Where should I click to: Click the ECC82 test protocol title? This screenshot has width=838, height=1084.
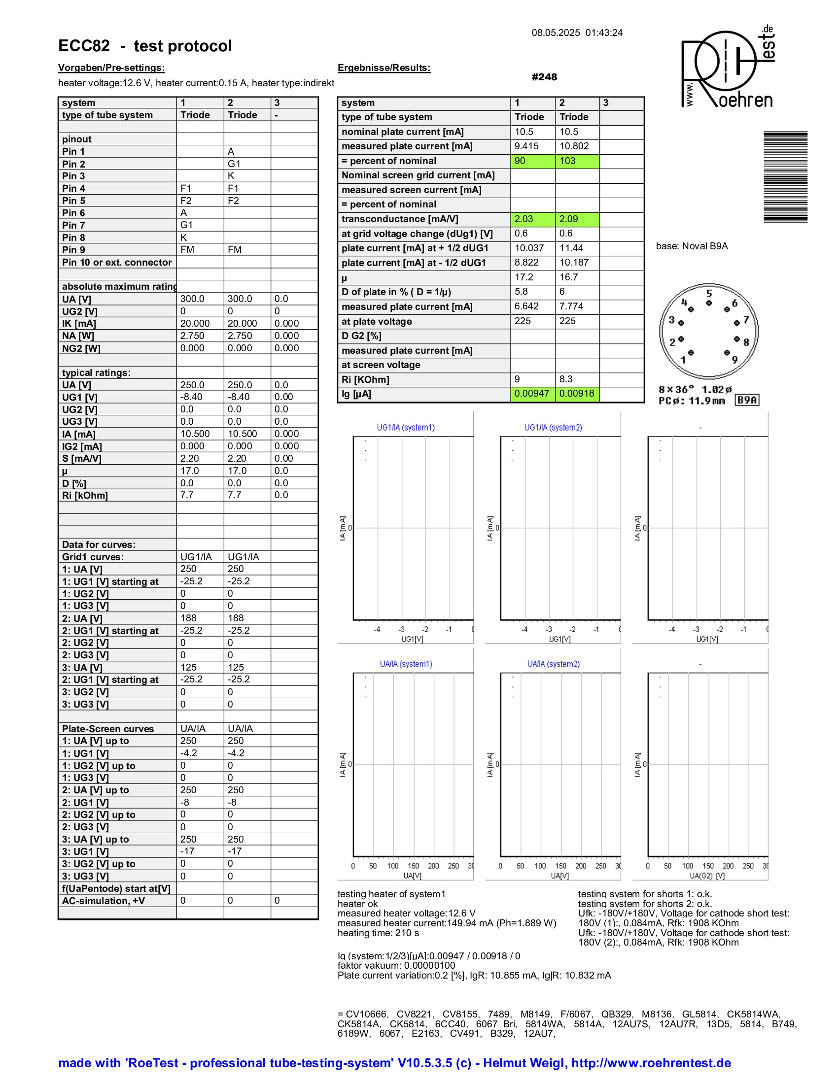coord(145,46)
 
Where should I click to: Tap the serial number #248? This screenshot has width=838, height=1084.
coord(544,77)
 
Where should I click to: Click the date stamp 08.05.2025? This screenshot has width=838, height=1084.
coord(556,33)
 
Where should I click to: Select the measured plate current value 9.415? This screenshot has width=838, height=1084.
coord(526,146)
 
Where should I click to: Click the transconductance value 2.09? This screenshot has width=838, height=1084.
coord(568,219)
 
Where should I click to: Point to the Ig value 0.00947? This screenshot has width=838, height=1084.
coord(532,394)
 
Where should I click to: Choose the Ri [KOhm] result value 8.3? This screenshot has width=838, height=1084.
coord(566,379)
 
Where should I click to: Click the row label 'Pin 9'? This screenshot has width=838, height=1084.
coord(73,250)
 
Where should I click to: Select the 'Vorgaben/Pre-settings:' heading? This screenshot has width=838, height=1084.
coord(111,68)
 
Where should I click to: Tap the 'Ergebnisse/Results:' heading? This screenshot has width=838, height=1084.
coord(384,68)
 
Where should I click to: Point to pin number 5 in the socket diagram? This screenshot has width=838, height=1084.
coord(709,293)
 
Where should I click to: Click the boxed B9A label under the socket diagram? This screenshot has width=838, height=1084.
coord(747,400)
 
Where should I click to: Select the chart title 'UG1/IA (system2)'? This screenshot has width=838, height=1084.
coord(553,427)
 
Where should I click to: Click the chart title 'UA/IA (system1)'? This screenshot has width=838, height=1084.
coord(406,664)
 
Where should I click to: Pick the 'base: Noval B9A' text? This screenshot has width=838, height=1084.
coord(692,246)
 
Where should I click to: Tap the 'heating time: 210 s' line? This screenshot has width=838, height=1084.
coord(378,933)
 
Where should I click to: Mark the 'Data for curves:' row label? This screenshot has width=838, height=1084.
coord(98,544)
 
